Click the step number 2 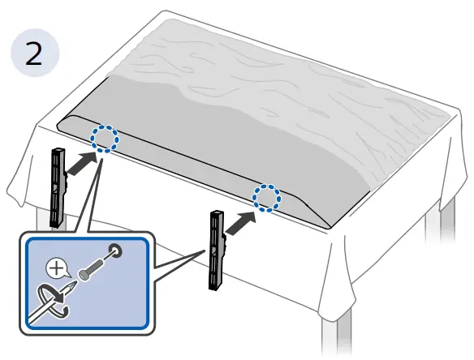click(x=33, y=54)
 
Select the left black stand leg click(x=58, y=187)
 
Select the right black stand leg click(x=217, y=251)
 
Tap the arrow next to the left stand click(x=82, y=163)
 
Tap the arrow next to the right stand click(x=241, y=223)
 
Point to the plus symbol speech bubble click(x=58, y=268)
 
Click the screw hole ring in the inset click(x=115, y=250)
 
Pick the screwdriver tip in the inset click(x=71, y=286)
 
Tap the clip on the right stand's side click(x=224, y=240)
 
